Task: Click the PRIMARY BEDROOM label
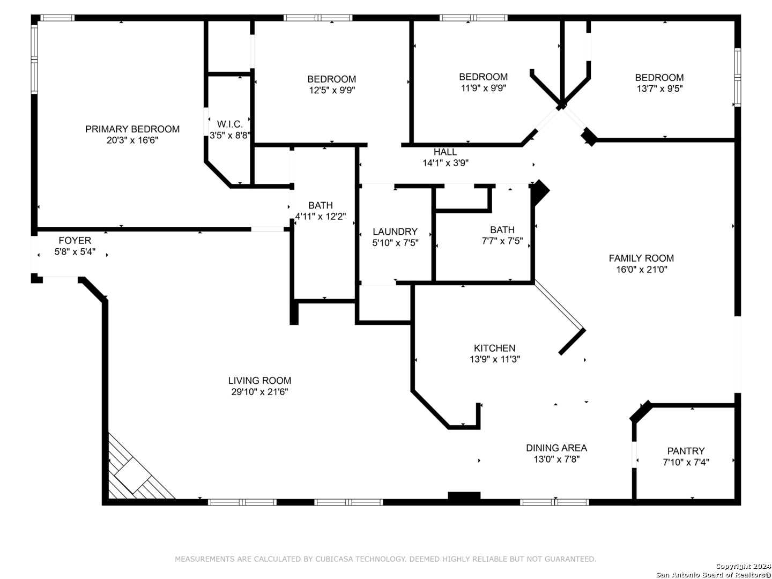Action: pyautogui.click(x=132, y=129)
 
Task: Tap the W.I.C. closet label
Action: pyautogui.click(x=229, y=124)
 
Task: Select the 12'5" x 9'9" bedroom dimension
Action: pyautogui.click(x=332, y=91)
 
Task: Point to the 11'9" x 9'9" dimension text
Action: pyautogui.click(x=483, y=88)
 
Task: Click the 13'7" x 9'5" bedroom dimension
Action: pyautogui.click(x=659, y=88)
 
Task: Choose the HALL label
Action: pyautogui.click(x=446, y=152)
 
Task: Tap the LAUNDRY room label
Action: pyautogui.click(x=395, y=232)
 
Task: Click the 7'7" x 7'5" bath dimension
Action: pyautogui.click(x=502, y=241)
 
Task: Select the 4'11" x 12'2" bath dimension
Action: pyautogui.click(x=320, y=217)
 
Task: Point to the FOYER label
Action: pyautogui.click(x=75, y=241)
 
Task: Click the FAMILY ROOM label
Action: pyautogui.click(x=641, y=258)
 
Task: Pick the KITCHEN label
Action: pyautogui.click(x=494, y=348)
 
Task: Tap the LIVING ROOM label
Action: pyautogui.click(x=259, y=381)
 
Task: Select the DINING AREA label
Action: pyautogui.click(x=556, y=448)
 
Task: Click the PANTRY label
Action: pyautogui.click(x=686, y=451)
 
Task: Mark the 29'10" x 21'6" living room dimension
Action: pyautogui.click(x=259, y=391)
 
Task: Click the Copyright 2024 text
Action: pyautogui.click(x=743, y=566)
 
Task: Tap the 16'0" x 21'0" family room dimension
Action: pyautogui.click(x=642, y=270)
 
